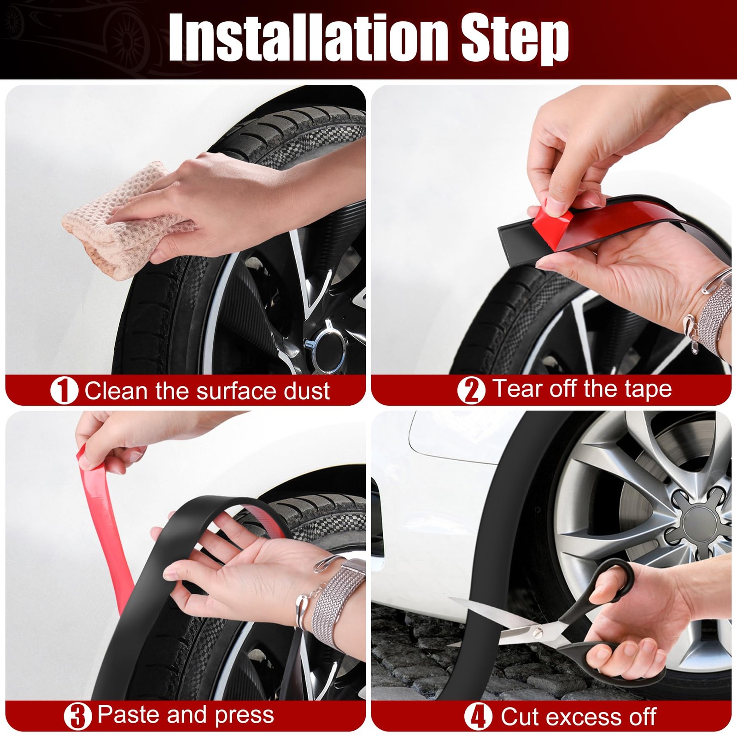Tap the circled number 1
[x=64, y=391]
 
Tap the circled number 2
[x=471, y=390]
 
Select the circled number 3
[x=78, y=716]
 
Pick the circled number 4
[x=478, y=717]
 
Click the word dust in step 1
[x=306, y=391]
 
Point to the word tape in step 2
[x=648, y=389]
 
